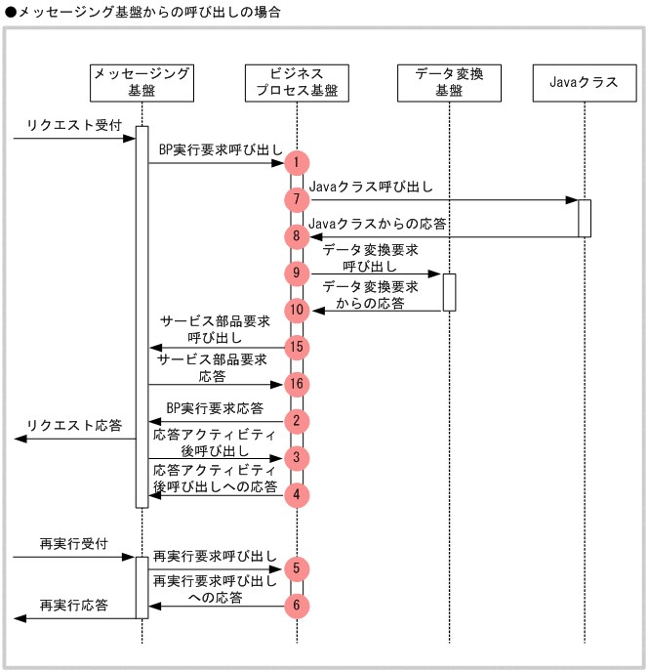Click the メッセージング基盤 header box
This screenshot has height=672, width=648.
(x=141, y=82)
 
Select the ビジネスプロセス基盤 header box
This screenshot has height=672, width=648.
(x=297, y=82)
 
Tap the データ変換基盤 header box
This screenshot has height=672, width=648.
(x=449, y=82)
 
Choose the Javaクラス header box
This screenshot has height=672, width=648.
(x=584, y=82)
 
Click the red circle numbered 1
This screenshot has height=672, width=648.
(x=297, y=163)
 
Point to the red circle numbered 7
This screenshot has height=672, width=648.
(x=297, y=199)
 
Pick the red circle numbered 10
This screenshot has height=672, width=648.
(x=297, y=310)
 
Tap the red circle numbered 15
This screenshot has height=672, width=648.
(x=297, y=347)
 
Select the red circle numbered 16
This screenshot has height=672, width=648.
(x=297, y=384)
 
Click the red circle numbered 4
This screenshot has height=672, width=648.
(x=297, y=494)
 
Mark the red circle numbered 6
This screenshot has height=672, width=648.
(x=297, y=606)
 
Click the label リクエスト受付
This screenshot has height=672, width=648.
(x=61, y=126)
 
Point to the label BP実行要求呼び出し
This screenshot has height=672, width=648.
(x=221, y=150)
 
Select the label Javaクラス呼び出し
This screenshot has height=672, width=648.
(x=371, y=187)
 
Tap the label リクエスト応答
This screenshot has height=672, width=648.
(x=75, y=426)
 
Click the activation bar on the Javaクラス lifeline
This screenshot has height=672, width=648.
(x=585, y=218)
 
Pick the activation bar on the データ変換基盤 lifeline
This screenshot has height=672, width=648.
(x=449, y=292)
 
